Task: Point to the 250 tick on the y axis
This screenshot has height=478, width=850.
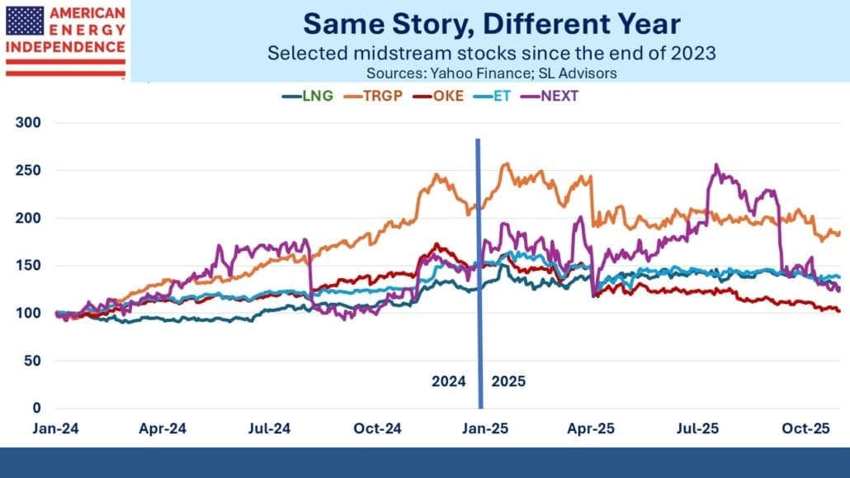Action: click(x=31, y=170)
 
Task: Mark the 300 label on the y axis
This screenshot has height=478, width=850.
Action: click(x=31, y=123)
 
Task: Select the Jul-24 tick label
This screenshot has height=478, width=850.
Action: click(x=269, y=429)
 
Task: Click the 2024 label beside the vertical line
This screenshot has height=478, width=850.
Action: click(x=449, y=382)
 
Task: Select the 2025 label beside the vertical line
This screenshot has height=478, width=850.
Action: click(x=508, y=382)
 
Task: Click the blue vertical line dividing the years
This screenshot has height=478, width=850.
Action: click(x=479, y=272)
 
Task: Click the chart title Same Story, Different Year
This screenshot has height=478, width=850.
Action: click(x=490, y=25)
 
